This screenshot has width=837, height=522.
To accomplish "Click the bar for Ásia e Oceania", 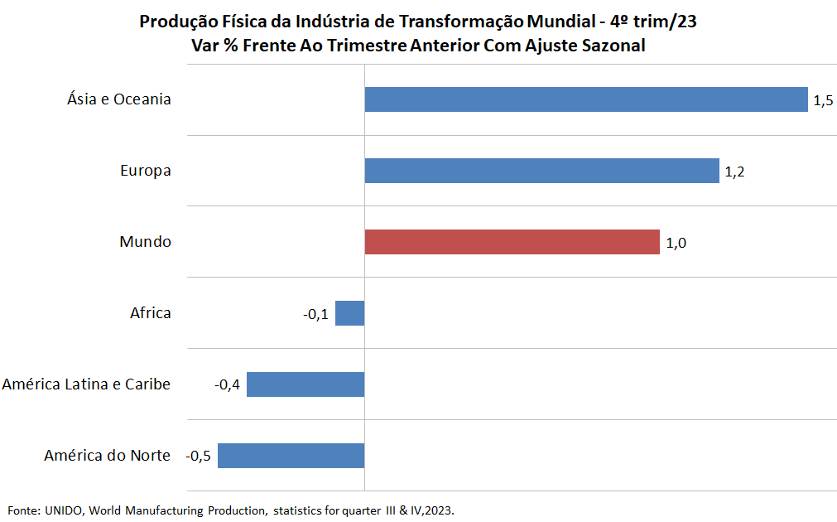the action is [x=586, y=99].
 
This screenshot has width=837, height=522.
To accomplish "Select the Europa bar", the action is [x=541, y=171].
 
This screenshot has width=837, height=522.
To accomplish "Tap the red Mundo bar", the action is [x=512, y=241].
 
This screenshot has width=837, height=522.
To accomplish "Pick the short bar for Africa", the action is [x=349, y=313].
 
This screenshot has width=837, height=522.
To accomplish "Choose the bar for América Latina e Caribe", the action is [x=305, y=384].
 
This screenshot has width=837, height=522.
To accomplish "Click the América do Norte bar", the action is [x=291, y=455].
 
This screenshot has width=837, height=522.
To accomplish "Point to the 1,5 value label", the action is [x=823, y=100].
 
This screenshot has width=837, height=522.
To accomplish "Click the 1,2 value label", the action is [x=734, y=172].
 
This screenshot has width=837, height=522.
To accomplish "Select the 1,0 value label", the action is [x=676, y=243].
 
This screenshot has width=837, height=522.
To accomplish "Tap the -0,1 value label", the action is [x=315, y=314].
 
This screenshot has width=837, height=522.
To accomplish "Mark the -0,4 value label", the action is [x=228, y=384].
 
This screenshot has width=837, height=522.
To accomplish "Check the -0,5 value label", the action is [x=198, y=457].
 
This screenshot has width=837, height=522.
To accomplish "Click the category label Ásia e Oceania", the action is [x=119, y=99].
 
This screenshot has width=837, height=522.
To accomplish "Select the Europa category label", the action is [x=146, y=171].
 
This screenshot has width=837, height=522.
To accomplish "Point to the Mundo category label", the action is [x=145, y=241].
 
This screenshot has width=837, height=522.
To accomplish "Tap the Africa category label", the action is [x=151, y=312].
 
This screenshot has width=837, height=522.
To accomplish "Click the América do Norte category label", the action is [x=108, y=455].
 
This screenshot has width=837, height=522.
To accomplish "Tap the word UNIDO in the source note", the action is [x=64, y=510].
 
